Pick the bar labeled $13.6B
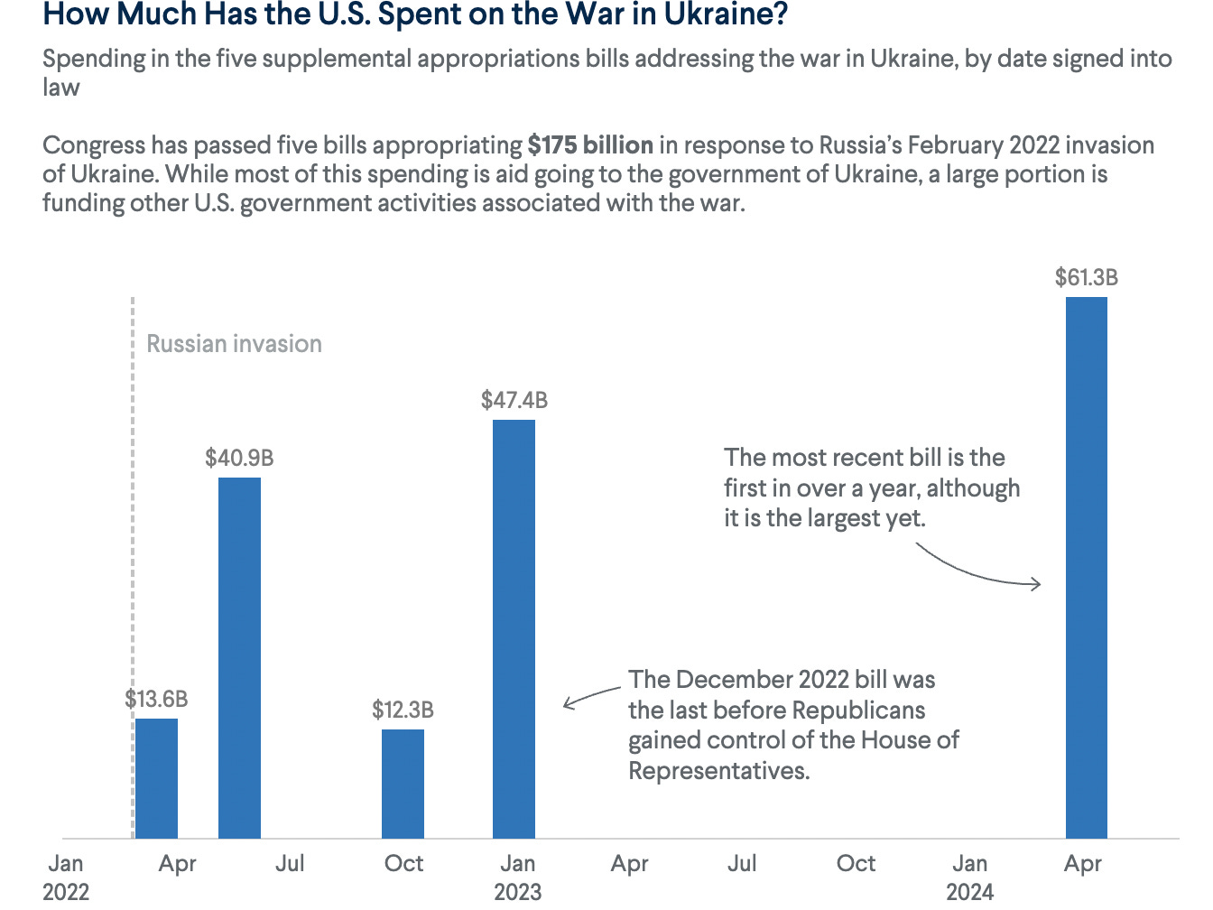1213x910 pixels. tap(156, 778)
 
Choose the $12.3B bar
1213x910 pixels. tap(403, 784)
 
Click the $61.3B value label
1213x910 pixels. tap(1086, 278)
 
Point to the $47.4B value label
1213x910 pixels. tap(514, 400)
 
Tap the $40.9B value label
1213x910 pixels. tap(239, 458)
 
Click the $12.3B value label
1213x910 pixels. tap(403, 710)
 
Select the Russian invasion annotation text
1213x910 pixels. tap(234, 344)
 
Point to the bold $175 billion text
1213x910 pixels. tap(590, 145)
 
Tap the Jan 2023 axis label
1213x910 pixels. tap(517, 877)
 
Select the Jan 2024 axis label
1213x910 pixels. tap(969, 877)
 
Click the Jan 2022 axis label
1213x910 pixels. tap(66, 877)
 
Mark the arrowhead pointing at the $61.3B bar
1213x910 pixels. tap(1037, 584)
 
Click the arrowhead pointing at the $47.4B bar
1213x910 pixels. tap(567, 702)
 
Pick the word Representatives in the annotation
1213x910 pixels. tap(718, 771)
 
